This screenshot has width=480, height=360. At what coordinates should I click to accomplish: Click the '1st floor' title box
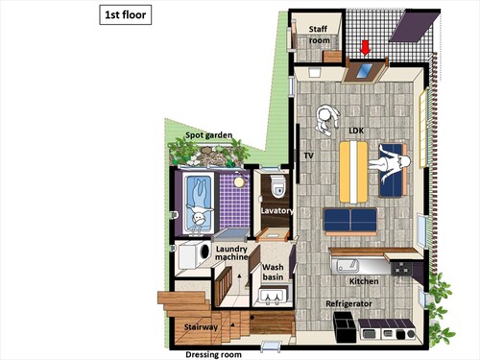126,14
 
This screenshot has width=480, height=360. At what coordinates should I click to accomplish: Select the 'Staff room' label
319,35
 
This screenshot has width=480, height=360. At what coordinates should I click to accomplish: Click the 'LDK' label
356,131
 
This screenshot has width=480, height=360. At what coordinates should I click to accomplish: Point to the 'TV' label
308,156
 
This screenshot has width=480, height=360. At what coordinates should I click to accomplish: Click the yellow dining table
353,172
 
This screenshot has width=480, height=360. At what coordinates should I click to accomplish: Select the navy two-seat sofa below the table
350,220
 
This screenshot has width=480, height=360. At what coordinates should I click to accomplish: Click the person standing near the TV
327,119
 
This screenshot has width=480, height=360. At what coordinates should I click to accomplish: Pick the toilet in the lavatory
277,185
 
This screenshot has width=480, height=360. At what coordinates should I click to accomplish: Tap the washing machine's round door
204,252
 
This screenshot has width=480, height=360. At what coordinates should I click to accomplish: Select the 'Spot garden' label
208,135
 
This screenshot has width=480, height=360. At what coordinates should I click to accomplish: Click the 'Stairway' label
201,327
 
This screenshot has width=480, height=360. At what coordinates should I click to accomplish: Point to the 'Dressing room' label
213,354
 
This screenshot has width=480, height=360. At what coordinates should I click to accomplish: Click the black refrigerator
345,326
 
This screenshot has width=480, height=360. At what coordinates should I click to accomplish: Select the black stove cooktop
402,269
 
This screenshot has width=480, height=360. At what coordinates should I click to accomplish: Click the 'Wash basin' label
273,272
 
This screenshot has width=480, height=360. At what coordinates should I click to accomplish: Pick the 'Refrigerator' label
348,303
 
